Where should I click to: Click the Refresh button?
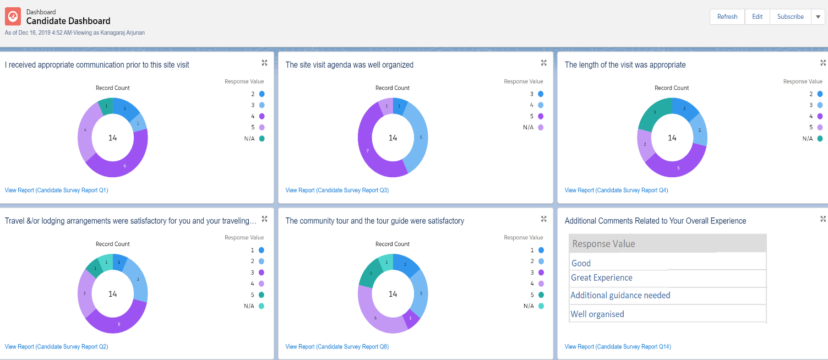[727, 17]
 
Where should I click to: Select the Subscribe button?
[790, 17]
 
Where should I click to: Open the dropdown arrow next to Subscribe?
[818, 17]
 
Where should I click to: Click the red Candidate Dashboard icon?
[13, 17]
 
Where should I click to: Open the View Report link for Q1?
[56, 190]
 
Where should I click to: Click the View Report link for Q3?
[337, 190]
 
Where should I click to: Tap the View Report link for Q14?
[618, 347]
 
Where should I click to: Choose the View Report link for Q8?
[337, 347]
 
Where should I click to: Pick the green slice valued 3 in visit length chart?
[655, 112]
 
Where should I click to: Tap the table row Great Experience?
[602, 278]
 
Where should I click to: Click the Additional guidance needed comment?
[620, 296]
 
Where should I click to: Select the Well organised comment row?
[597, 314]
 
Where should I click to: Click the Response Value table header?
[604, 244]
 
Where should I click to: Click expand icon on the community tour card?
[543, 219]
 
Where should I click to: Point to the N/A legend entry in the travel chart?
[254, 306]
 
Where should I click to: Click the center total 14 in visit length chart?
[672, 138]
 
